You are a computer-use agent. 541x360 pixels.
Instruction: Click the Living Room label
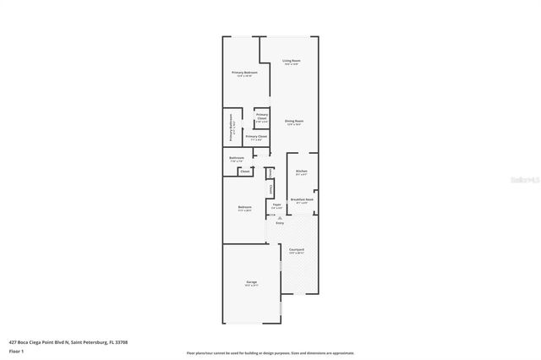click(292, 61)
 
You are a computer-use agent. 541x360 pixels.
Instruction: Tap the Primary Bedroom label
click(244, 73)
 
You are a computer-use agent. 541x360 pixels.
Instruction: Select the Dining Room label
click(294, 121)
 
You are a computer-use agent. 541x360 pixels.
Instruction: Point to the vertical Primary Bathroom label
click(230, 130)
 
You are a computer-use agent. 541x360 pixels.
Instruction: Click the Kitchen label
click(302, 172)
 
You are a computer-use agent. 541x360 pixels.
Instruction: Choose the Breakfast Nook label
click(302, 199)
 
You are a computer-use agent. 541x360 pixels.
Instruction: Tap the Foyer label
click(276, 204)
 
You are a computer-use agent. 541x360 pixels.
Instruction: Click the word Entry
click(280, 223)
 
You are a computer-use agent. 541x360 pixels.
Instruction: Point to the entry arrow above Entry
click(280, 217)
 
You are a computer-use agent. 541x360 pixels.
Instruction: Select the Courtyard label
click(297, 250)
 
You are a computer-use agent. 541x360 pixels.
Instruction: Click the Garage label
click(250, 281)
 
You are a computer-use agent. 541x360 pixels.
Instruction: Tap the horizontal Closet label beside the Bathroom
click(245, 172)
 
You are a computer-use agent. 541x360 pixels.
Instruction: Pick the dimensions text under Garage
click(250, 286)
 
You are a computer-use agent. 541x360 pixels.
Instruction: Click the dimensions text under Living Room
click(292, 65)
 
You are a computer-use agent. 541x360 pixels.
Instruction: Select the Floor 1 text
click(17, 349)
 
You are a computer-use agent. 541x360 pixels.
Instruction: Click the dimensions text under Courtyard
click(297, 254)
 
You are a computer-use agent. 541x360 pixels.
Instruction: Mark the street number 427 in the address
click(13, 341)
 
